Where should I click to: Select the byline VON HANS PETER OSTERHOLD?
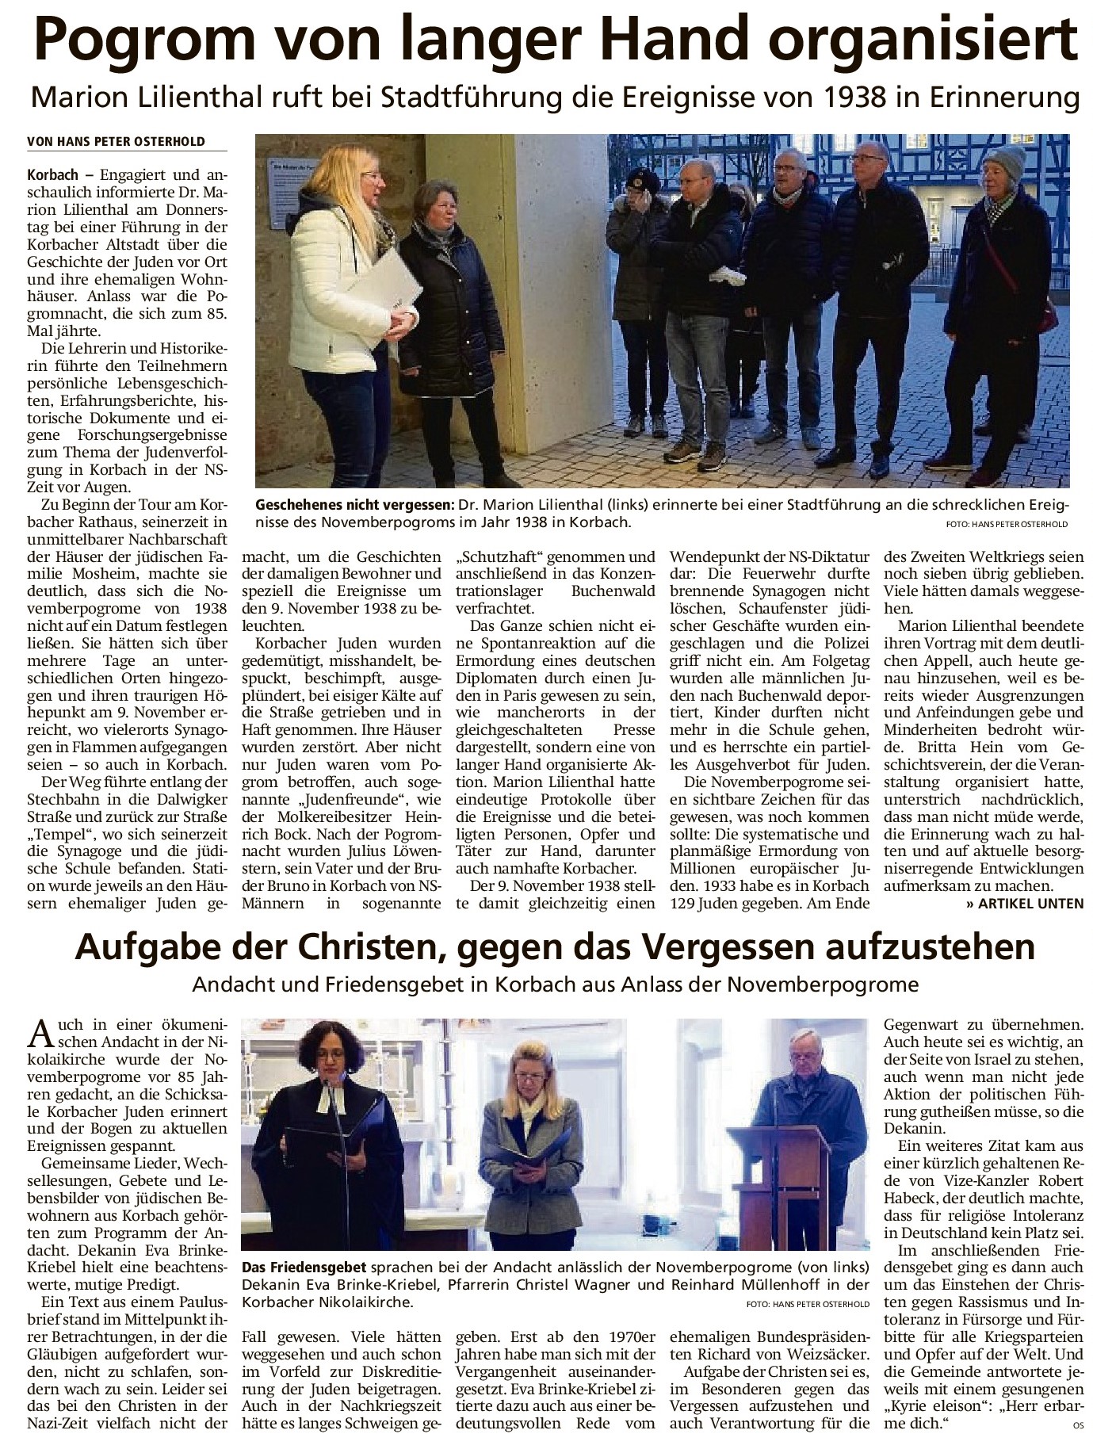point(116,142)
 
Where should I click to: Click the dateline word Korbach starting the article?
point(52,173)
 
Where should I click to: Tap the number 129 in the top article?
point(684,903)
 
